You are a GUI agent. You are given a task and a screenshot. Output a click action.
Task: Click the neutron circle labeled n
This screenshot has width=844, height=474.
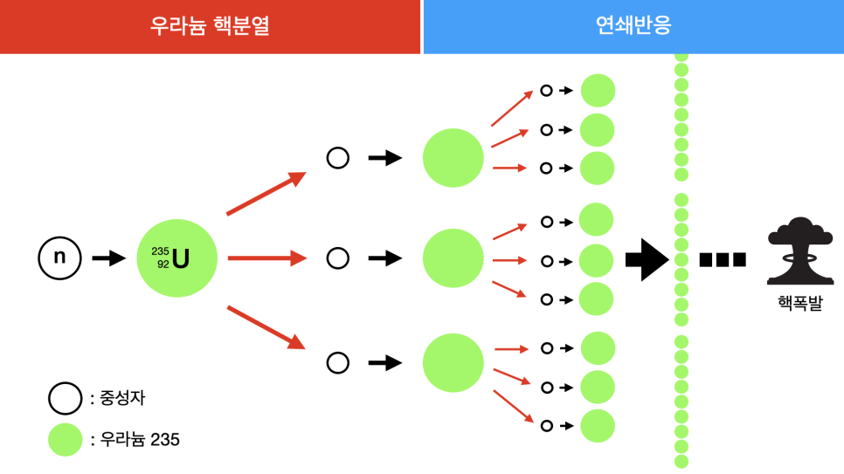tap(59, 258)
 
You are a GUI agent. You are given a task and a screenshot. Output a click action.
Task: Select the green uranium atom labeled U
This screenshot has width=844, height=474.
tap(176, 258)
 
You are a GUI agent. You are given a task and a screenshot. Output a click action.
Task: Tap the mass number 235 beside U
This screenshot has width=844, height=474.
tap(160, 251)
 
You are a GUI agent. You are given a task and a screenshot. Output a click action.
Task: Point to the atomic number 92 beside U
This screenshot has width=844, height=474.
tap(163, 264)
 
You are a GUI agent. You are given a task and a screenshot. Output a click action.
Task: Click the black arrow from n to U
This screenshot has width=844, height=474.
tap(109, 258)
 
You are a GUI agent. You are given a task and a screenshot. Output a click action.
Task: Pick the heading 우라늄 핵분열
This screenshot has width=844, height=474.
tap(210, 26)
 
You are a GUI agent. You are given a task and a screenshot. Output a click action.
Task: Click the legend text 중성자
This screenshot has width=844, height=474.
tap(122, 399)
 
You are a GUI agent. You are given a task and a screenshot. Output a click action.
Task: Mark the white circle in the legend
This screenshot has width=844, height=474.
tap(65, 399)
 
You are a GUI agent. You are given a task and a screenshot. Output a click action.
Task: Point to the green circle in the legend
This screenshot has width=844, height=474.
tap(65, 439)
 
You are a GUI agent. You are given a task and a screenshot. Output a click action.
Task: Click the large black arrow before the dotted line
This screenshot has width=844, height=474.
tap(647, 259)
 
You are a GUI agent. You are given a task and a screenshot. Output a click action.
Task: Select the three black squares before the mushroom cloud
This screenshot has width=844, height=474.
tap(723, 259)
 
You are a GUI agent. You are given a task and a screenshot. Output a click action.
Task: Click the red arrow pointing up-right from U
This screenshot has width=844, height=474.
tap(266, 193)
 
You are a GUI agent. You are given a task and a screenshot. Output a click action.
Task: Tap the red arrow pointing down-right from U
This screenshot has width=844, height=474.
tap(266, 326)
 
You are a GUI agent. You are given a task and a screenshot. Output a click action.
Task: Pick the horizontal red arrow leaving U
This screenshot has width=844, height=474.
tap(266, 258)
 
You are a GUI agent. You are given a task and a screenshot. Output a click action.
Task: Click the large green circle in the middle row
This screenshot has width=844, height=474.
tap(453, 258)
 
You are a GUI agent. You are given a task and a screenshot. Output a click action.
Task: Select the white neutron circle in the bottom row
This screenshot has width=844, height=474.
tap(337, 362)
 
